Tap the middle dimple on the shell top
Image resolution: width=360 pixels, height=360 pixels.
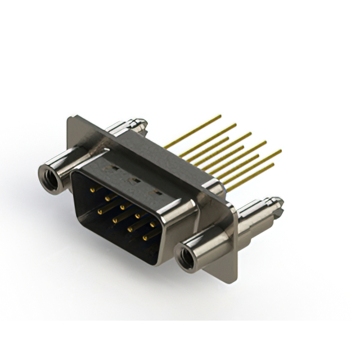tap(134, 181)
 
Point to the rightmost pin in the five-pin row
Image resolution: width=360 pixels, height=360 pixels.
tap(152, 225)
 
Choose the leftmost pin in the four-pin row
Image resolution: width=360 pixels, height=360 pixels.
tap(101, 211)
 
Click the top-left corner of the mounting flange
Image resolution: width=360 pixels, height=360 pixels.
tap(69, 118)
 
